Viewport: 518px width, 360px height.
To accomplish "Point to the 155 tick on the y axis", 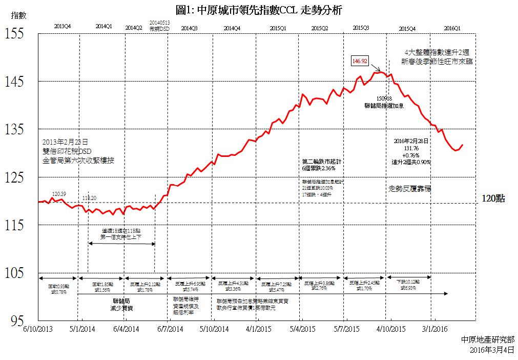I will pyautogui.click(x=14, y=34).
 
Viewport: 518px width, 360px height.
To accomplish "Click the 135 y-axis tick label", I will pyautogui.click(x=14, y=129).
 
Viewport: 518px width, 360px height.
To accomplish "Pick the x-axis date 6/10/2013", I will pyautogui.click(x=38, y=328).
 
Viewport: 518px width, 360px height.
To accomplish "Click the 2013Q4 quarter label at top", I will pyautogui.click(x=62, y=26).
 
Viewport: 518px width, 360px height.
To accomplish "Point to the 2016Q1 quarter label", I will pyautogui.click(x=452, y=26).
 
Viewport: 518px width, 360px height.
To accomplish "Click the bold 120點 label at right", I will pyautogui.click(x=493, y=198).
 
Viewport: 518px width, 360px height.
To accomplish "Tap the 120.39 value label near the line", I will pyautogui.click(x=59, y=193).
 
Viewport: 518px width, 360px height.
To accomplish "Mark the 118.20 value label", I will pyautogui.click(x=90, y=198).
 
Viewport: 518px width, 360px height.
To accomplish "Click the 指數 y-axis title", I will pyautogui.click(x=18, y=16).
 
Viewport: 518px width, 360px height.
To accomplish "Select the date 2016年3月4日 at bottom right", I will pyautogui.click(x=492, y=350).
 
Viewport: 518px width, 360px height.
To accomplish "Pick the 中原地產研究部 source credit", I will pyautogui.click(x=488, y=340).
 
